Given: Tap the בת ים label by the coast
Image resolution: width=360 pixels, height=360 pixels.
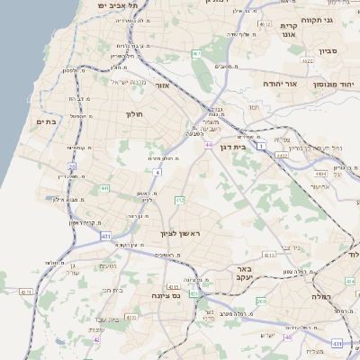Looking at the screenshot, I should coord(46,121).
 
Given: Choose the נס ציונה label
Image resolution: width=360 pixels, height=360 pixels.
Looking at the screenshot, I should coord(167,295).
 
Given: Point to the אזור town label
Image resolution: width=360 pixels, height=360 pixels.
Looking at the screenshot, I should coord(163,85).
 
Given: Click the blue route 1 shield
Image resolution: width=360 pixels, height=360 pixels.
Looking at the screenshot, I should coord(261,145).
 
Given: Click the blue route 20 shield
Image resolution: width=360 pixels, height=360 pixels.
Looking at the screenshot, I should coord(72,166).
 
